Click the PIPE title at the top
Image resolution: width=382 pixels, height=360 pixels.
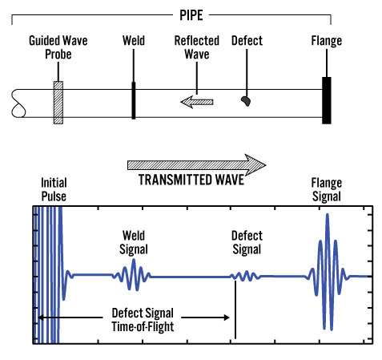[x=191, y=15]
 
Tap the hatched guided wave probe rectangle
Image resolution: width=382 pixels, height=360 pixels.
[x=58, y=103]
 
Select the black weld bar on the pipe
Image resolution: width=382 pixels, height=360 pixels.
[x=134, y=100]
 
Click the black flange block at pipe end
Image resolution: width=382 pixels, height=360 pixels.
[x=327, y=100]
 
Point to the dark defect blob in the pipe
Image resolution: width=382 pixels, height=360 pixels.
[x=246, y=101]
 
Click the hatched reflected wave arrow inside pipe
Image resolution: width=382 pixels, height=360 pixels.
[x=197, y=102]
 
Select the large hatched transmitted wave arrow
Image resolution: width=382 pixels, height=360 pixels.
[x=196, y=165]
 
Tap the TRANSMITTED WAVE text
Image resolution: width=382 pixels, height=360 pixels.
[x=191, y=180]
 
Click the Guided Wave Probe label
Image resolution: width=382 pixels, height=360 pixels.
[x=58, y=47]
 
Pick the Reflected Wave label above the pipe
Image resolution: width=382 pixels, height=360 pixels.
[x=197, y=47]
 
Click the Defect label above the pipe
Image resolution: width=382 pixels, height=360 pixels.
[x=247, y=41]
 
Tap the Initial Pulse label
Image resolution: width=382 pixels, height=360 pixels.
[x=54, y=189]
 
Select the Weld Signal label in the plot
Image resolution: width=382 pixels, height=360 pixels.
[x=134, y=242]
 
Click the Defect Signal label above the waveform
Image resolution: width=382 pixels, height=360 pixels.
[x=247, y=242]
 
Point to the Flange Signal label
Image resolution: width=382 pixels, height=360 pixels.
[x=327, y=190]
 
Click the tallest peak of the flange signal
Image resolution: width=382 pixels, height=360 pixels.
[x=328, y=214]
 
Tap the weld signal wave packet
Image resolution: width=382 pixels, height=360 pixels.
[x=131, y=275]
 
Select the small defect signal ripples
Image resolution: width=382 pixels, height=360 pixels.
[x=245, y=276]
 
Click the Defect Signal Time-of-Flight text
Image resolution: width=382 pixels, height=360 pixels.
[x=143, y=320]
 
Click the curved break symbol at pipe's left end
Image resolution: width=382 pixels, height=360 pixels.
[x=18, y=103]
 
